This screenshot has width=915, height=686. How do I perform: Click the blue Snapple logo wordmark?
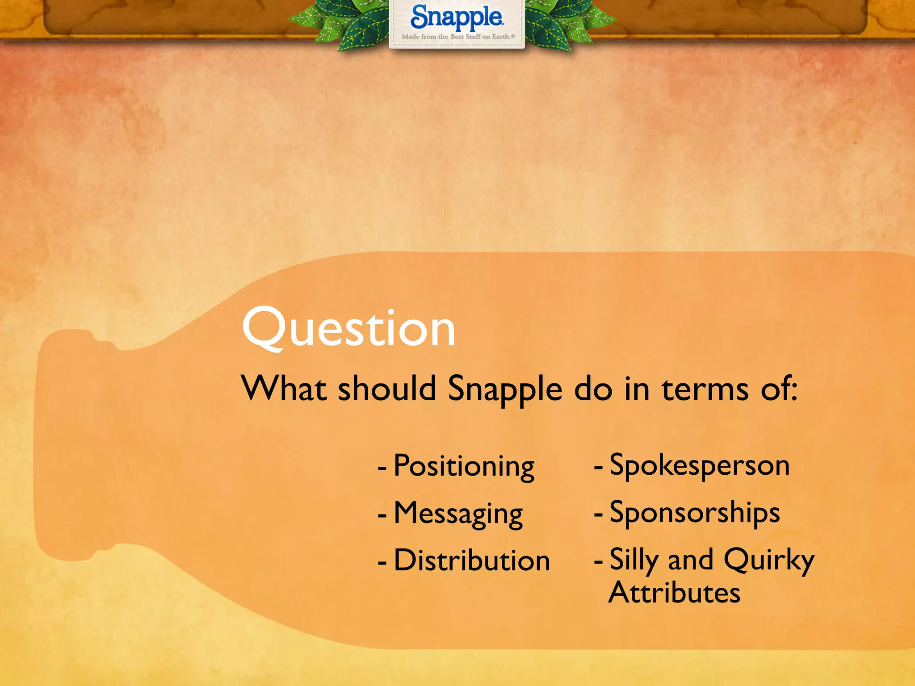click(x=457, y=18)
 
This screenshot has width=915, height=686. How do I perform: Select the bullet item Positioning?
click(x=464, y=466)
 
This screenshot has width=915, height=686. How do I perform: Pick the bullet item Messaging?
click(x=458, y=514)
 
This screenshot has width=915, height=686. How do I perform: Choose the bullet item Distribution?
click(x=471, y=561)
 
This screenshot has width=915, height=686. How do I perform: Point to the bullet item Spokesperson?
click(x=700, y=466)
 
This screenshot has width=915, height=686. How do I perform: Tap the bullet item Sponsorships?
click(x=695, y=513)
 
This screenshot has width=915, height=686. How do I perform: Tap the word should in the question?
click(x=386, y=389)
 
